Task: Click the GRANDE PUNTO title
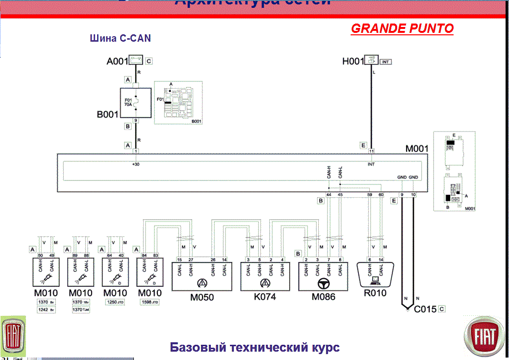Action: click(x=402, y=28)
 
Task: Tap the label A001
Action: click(x=117, y=62)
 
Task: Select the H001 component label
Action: click(x=353, y=62)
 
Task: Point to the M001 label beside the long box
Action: click(x=417, y=149)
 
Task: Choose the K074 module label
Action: click(x=265, y=298)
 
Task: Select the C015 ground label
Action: click(x=425, y=309)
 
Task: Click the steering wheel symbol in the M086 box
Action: click(x=323, y=283)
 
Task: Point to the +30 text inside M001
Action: click(x=136, y=164)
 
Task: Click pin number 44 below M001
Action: click(x=329, y=195)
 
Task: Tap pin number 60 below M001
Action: click(x=381, y=195)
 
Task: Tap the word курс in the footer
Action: click(x=323, y=348)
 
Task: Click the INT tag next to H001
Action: click(x=385, y=62)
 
